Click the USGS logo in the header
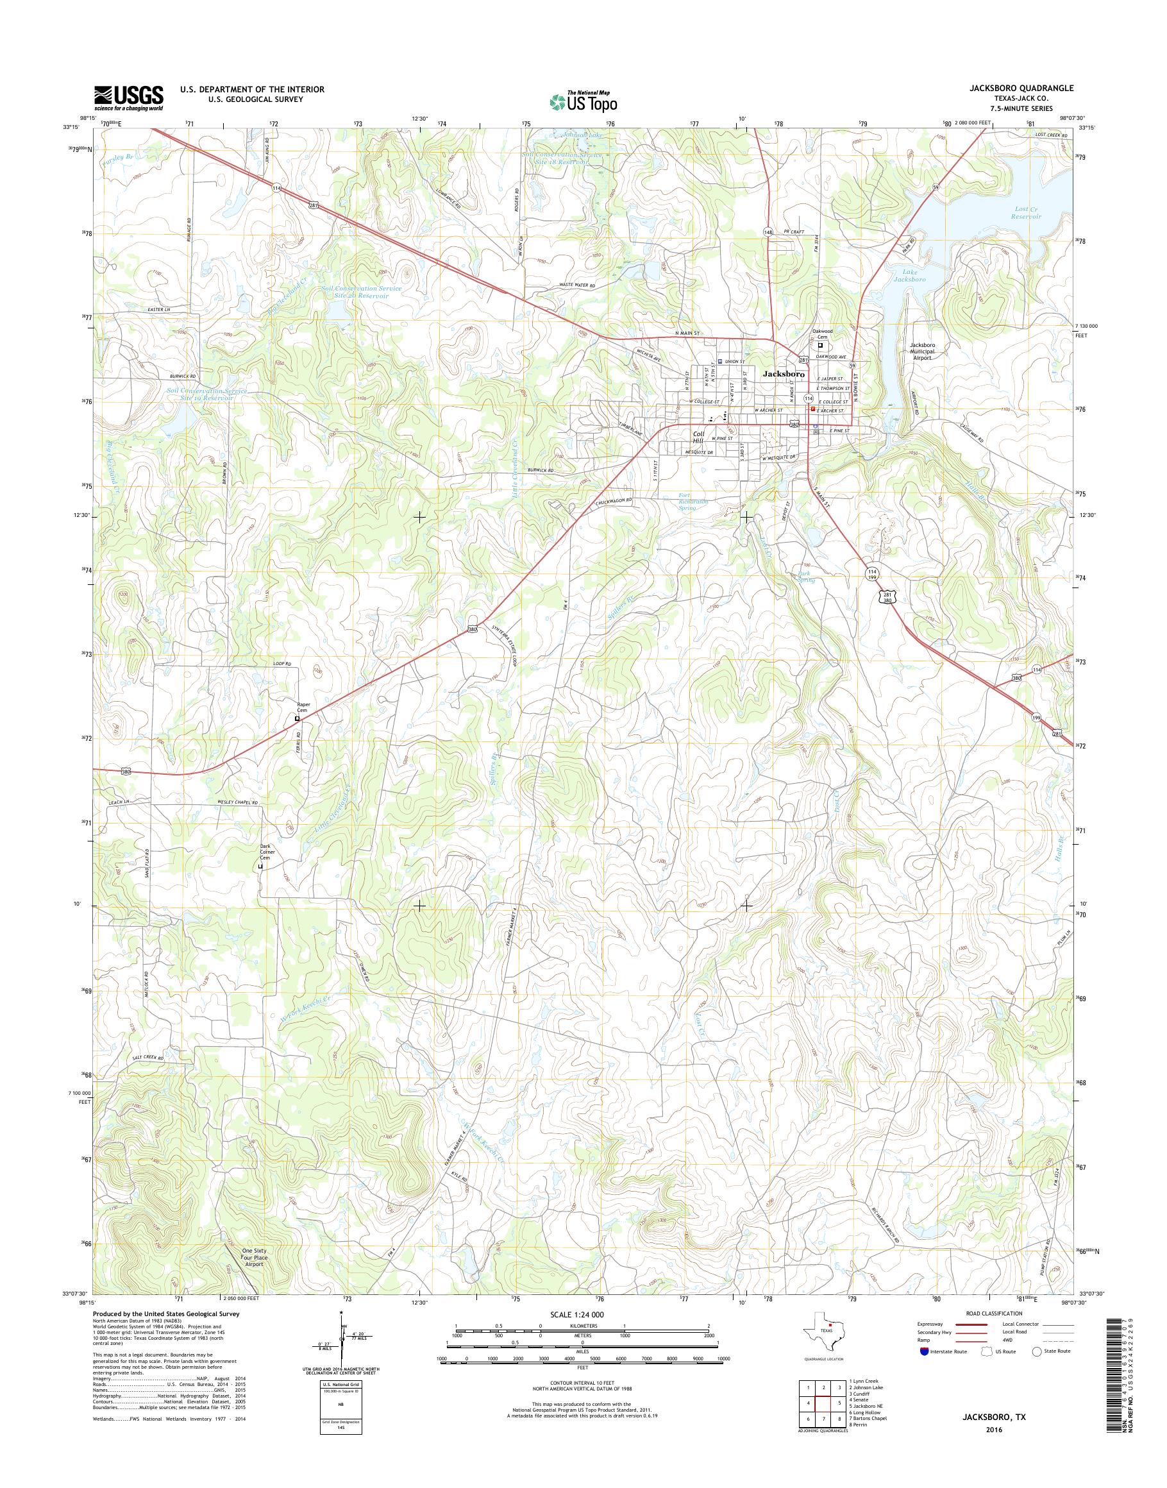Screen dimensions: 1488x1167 click(x=128, y=97)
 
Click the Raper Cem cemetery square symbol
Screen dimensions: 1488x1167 click(x=298, y=719)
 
